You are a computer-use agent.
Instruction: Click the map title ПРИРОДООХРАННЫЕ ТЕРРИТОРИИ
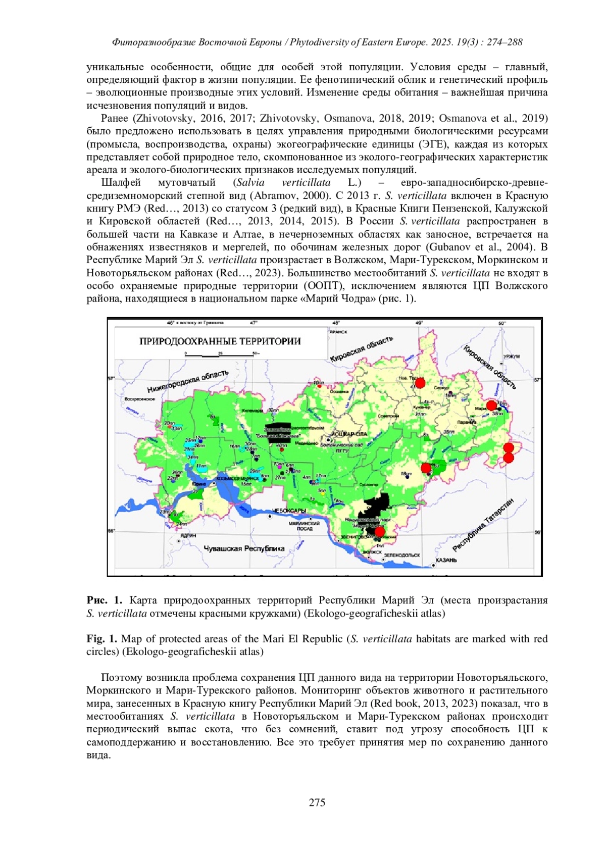220,341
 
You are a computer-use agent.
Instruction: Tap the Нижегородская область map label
188,381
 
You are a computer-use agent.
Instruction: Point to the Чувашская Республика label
244,548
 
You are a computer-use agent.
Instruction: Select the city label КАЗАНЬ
446,560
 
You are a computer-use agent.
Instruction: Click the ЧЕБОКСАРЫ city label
288,511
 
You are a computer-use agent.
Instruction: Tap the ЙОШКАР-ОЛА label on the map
349,434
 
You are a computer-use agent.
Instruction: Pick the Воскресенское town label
140,399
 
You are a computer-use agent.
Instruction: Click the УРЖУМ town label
511,356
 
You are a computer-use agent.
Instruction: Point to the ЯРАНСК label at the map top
338,332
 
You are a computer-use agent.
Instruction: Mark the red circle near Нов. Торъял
420,382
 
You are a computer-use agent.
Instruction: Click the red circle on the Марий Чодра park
379,531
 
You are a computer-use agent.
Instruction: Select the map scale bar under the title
221,355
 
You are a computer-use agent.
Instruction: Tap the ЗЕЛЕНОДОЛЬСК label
401,554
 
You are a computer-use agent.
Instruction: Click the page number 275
317,802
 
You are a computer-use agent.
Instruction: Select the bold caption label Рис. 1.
105,600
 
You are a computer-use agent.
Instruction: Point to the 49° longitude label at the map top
419,322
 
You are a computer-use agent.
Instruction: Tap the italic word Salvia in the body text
250,182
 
